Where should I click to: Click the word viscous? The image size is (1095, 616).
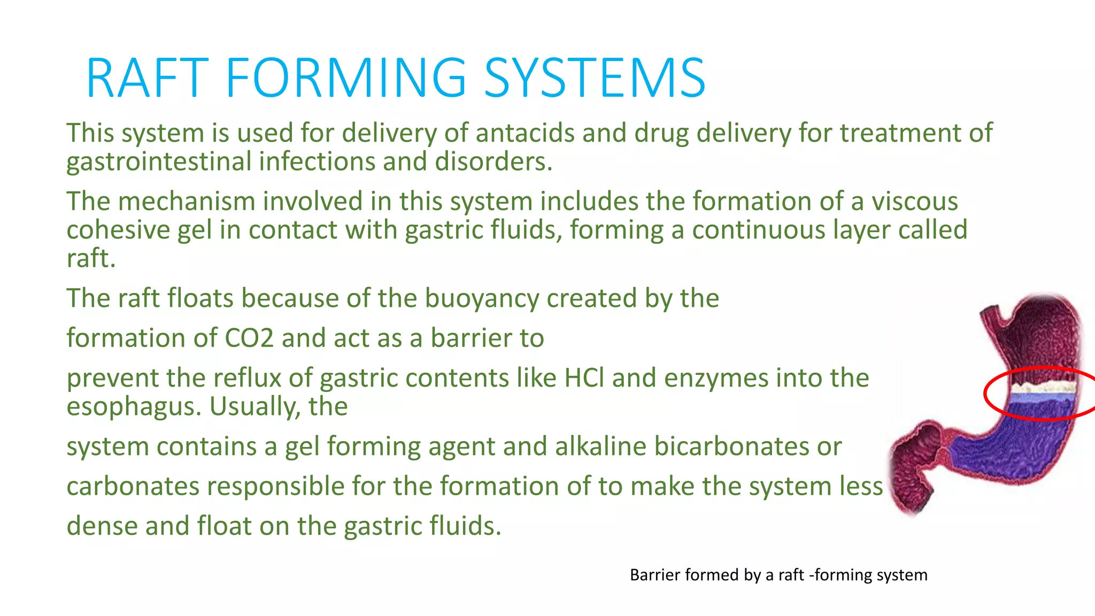(915, 202)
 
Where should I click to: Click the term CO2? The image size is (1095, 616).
(249, 338)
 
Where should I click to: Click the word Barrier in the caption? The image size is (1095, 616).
(655, 575)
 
